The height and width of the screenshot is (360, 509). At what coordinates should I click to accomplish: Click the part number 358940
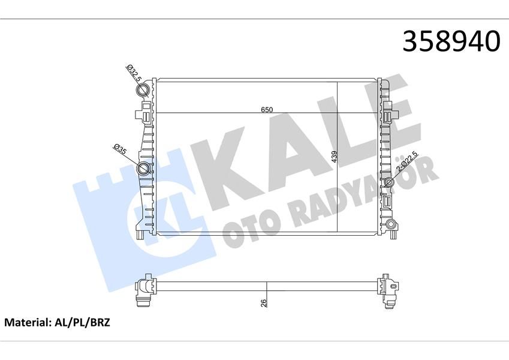(451, 41)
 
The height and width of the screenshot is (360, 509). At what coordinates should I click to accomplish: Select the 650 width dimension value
(267, 109)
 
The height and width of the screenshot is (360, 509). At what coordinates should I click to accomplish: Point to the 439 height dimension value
(335, 157)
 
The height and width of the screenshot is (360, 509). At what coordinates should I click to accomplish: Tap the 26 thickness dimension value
(264, 302)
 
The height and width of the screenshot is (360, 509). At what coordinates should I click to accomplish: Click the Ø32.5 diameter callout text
(132, 73)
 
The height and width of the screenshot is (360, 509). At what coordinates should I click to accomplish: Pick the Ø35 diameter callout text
(119, 150)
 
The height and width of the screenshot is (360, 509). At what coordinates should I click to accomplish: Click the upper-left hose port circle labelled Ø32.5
(144, 91)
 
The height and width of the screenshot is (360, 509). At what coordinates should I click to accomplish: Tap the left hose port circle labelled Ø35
(144, 169)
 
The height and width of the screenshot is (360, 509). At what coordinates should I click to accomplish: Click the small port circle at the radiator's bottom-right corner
(391, 226)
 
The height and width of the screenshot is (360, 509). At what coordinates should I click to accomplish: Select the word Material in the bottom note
(25, 323)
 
